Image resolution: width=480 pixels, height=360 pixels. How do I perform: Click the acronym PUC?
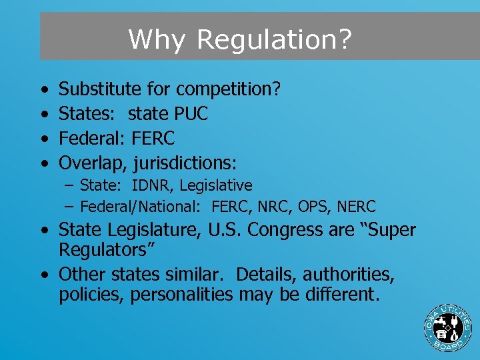[190, 114]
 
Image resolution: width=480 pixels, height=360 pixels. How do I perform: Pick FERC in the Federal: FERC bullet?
[153, 139]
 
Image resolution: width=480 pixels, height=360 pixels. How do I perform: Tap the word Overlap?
[93, 163]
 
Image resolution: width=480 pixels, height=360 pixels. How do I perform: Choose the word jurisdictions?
[185, 163]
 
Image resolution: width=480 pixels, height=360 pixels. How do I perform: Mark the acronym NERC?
[357, 207]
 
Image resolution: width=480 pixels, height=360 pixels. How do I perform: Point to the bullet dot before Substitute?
[43, 89]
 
